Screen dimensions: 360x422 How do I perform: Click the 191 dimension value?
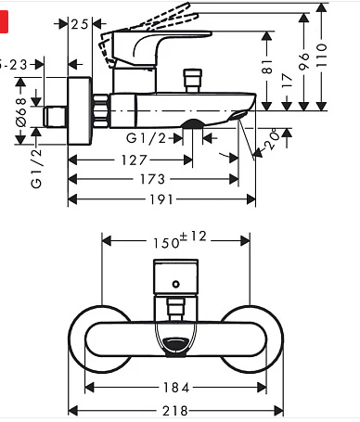click(161, 199)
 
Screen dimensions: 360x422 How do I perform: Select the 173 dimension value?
click(152, 179)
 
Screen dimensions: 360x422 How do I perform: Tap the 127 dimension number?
click(134, 160)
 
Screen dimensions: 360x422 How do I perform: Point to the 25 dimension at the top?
click(80, 24)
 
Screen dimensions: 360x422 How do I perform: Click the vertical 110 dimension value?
click(322, 56)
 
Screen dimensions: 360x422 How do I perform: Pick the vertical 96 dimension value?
click(304, 61)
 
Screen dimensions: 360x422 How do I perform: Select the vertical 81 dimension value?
click(266, 67)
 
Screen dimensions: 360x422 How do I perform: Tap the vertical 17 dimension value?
click(287, 82)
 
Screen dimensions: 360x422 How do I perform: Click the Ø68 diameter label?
click(21, 112)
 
